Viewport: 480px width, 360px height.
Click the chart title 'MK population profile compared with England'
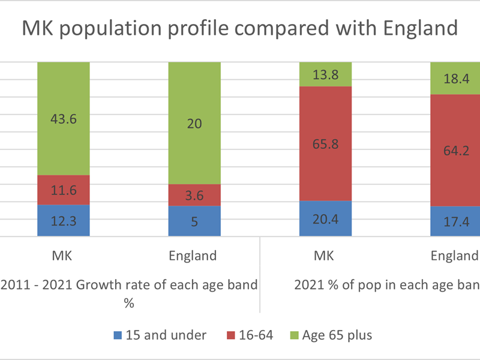(240, 28)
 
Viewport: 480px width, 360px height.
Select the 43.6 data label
(64, 119)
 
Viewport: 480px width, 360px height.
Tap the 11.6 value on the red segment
(64, 190)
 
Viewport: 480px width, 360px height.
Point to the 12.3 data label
(64, 221)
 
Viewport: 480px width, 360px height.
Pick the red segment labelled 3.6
(194, 195)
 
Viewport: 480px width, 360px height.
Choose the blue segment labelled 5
(194, 221)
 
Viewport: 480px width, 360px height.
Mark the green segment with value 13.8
(325, 75)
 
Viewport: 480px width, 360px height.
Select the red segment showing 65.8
(325, 143)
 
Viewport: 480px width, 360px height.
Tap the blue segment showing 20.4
(325, 218)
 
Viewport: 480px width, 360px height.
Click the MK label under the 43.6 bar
(64, 256)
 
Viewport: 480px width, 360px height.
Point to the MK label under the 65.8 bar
(325, 256)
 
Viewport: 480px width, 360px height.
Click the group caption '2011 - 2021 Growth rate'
(129, 285)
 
